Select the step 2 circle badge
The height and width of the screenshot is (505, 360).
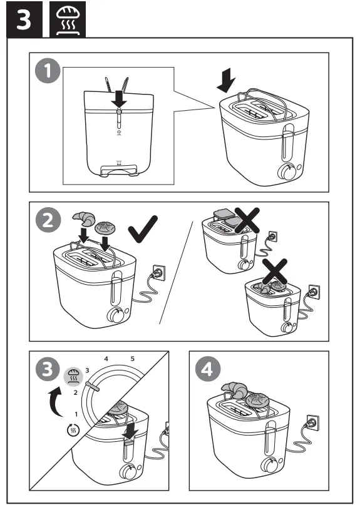[48, 220]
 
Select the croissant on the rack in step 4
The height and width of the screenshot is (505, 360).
[234, 390]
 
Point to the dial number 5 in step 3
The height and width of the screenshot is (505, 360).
[133, 359]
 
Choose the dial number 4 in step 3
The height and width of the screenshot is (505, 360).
[106, 359]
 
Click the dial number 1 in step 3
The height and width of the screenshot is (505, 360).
[77, 414]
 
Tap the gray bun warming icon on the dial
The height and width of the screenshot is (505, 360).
[73, 377]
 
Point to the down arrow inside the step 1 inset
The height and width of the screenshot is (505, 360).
[119, 98]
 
